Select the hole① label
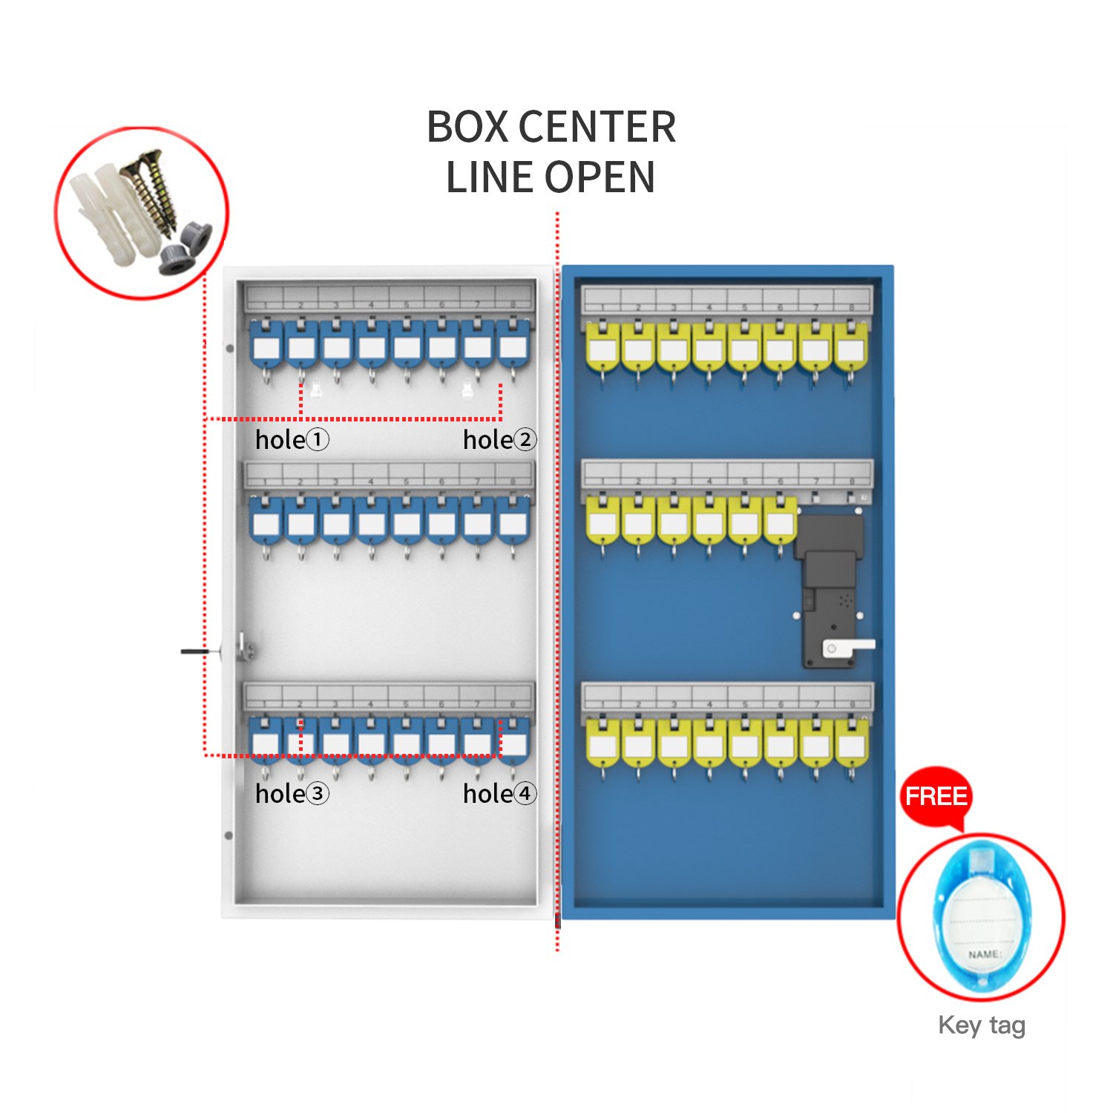click(x=292, y=440)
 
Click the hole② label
click(x=499, y=440)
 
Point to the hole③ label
click(x=292, y=794)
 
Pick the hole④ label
click(x=499, y=794)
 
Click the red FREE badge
click(x=936, y=797)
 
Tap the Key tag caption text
click(x=981, y=1025)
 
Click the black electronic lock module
click(x=831, y=586)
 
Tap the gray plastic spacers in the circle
click(x=185, y=248)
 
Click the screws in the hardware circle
click(x=156, y=189)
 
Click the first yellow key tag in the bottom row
click(x=603, y=744)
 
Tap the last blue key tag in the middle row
click(x=513, y=522)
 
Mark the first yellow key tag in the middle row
click(x=603, y=522)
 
